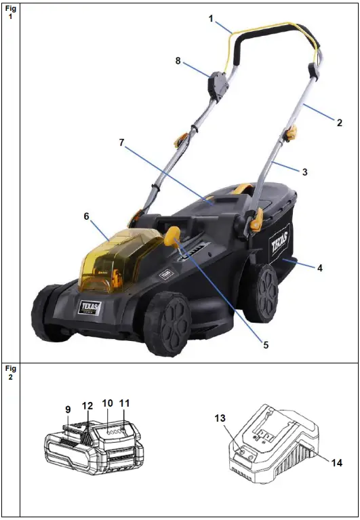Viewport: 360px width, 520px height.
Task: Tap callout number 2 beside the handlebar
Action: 339,123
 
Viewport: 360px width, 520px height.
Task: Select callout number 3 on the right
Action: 305,172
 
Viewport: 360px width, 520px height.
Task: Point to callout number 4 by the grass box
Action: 319,267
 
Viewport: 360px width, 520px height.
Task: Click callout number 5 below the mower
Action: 266,344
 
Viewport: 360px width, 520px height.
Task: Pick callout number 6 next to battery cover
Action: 86,216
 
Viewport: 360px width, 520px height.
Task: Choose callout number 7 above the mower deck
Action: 123,143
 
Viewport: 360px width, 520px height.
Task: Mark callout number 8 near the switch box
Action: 178,61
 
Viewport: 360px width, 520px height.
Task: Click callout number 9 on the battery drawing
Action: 68,409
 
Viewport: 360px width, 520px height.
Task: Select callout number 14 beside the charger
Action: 337,463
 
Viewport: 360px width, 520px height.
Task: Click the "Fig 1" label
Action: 9,12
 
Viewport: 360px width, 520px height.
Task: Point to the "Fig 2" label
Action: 9,374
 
